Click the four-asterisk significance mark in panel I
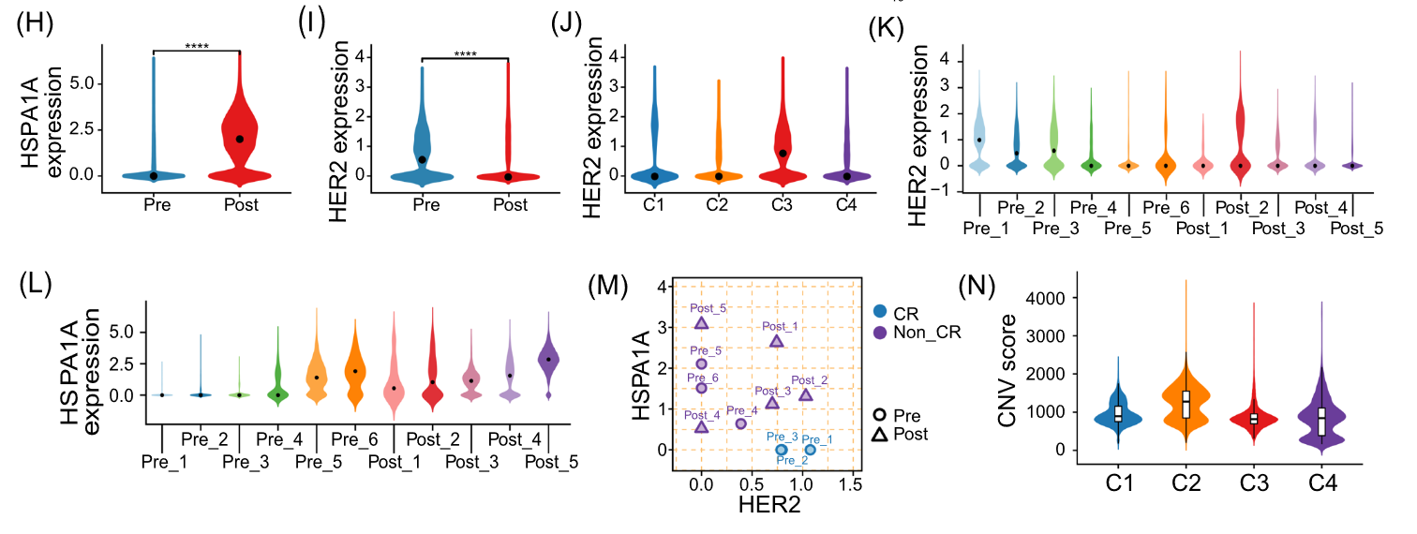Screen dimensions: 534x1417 coord(465,53)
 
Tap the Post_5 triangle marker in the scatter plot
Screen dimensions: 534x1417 coord(701,323)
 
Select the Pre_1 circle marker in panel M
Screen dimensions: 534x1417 coord(810,450)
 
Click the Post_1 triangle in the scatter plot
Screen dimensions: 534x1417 coord(776,341)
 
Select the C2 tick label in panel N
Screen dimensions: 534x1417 coord(1186,484)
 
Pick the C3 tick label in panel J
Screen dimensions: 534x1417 coord(782,201)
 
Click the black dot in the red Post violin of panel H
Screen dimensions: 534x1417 coord(239,139)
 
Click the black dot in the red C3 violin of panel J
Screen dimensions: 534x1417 coord(782,153)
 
